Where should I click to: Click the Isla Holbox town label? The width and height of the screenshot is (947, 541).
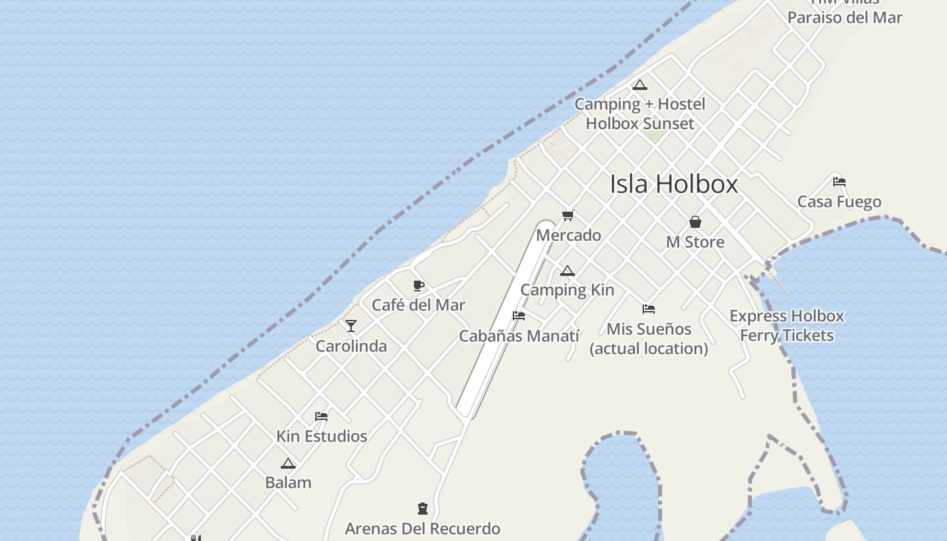click(x=674, y=184)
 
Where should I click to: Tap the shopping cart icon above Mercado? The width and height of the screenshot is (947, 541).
click(x=568, y=216)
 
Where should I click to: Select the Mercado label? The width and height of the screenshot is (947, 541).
click(x=568, y=235)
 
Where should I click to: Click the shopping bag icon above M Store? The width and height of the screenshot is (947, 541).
click(x=695, y=222)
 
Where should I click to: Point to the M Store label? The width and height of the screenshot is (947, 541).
click(x=695, y=242)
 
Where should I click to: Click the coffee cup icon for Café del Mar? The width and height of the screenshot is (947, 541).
click(x=418, y=285)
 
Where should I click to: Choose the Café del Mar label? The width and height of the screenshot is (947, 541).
click(x=418, y=305)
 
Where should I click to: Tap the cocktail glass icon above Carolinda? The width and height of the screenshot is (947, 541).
click(x=351, y=326)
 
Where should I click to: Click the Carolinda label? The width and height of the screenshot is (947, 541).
click(x=351, y=346)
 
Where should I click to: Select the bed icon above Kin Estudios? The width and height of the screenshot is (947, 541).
click(x=321, y=417)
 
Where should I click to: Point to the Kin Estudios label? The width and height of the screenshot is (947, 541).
click(x=321, y=436)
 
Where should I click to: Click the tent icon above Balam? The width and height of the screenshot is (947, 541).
click(x=288, y=464)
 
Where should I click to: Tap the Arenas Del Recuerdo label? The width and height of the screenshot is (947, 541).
click(x=423, y=529)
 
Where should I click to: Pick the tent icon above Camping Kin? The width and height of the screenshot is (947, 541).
click(x=567, y=271)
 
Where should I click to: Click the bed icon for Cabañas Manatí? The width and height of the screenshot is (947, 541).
click(x=519, y=316)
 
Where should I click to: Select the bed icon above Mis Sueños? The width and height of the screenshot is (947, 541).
click(x=649, y=309)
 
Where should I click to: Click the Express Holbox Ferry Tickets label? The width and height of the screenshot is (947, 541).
click(x=787, y=325)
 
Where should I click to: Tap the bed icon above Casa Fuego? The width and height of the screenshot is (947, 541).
click(x=839, y=182)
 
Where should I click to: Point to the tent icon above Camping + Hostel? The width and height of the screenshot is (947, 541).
click(x=639, y=85)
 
